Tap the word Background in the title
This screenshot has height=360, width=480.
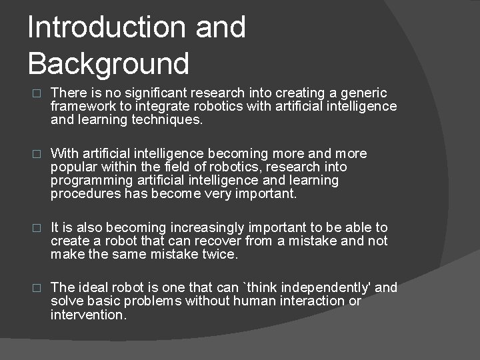[x=109, y=64]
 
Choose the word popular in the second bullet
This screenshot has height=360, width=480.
[x=73, y=167]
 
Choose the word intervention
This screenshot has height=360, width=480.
[x=87, y=315]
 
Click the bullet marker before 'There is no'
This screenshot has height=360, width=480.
[x=37, y=94]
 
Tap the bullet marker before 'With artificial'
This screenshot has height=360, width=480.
[x=37, y=155]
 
